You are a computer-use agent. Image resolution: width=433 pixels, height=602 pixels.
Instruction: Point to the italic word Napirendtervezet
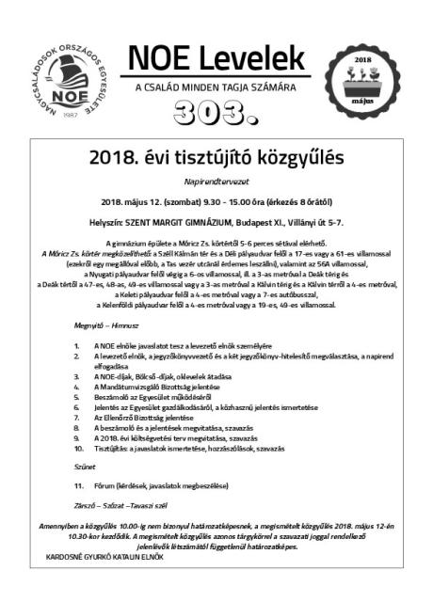click(216, 181)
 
